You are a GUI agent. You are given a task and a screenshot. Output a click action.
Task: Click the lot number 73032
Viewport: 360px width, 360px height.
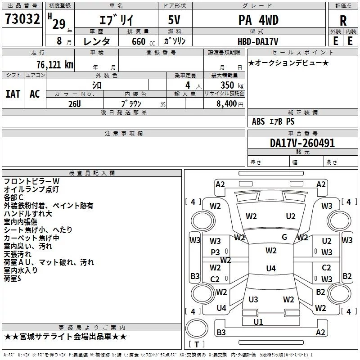pyautogui.click(x=22, y=18)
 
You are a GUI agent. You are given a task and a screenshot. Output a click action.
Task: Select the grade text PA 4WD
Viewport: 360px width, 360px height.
pyautogui.click(x=258, y=20)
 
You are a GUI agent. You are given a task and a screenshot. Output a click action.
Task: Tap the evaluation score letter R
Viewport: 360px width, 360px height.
pyautogui.click(x=343, y=21)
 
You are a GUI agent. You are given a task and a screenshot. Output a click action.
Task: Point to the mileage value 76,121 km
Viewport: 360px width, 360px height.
pyautogui.click(x=55, y=65)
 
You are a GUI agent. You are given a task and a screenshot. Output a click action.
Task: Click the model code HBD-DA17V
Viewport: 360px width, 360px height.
pyautogui.click(x=258, y=41)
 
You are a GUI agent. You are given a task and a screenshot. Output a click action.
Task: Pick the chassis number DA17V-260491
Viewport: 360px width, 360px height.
pyautogui.click(x=302, y=143)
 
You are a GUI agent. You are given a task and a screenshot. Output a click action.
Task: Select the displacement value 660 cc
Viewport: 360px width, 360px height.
pyautogui.click(x=143, y=42)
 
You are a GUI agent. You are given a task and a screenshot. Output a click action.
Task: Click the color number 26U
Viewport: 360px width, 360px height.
pyautogui.click(x=75, y=104)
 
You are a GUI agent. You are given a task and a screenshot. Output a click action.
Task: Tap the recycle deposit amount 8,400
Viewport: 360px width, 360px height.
pyautogui.click(x=226, y=104)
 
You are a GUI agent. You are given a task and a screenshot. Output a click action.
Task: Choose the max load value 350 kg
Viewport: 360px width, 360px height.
pyautogui.click(x=232, y=85)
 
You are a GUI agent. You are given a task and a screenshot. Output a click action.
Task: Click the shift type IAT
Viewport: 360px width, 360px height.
pyautogui.click(x=13, y=94)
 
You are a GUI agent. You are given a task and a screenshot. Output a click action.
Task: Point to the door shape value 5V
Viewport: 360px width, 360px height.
pyautogui.click(x=174, y=20)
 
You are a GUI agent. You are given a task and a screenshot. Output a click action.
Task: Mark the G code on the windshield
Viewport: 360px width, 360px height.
pyautogui.click(x=284, y=237)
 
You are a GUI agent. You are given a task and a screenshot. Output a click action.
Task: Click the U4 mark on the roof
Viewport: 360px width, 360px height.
pyautogui.click(x=271, y=268)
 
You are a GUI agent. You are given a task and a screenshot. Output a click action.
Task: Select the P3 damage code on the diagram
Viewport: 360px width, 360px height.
pyautogui.click(x=215, y=252)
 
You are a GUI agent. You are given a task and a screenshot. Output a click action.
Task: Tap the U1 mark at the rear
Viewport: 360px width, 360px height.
pyautogui.click(x=258, y=322)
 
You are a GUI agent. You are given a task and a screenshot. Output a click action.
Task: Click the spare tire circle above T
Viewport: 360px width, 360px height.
pyautogui.click(x=197, y=328)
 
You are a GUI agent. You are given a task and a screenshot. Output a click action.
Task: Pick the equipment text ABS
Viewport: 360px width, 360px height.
pyautogui.click(x=258, y=121)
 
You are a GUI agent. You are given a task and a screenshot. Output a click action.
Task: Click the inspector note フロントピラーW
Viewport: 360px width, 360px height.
pyautogui.click(x=31, y=181)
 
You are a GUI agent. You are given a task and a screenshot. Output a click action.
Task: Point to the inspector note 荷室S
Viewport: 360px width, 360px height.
pyautogui.click(x=13, y=279)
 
